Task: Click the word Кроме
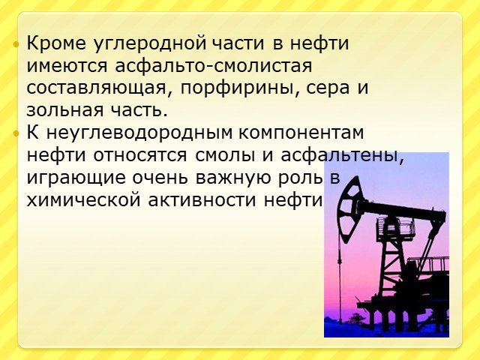56,43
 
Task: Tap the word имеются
67,65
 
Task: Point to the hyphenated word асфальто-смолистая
214,65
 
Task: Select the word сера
328,88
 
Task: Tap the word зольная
65,109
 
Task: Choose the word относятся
140,155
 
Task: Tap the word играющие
76,178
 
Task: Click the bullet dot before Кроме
16,45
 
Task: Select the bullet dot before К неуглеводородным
16,133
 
